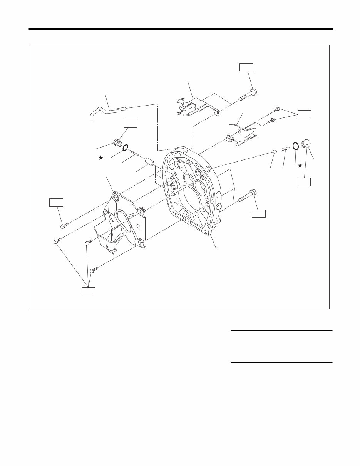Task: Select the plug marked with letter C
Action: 308,144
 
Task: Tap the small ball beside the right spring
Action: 274,151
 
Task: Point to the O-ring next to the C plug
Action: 295,146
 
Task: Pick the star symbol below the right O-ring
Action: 300,165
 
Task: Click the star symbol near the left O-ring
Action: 101,158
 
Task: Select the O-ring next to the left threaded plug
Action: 125,148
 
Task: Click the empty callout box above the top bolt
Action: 246,67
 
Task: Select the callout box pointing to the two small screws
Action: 304,114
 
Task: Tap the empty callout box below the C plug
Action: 303,182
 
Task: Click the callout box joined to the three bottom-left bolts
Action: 89,291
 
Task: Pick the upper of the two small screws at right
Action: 276,110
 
